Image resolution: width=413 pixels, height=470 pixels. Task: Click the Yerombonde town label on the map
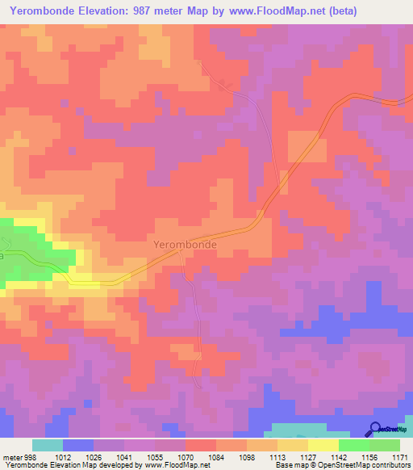(185, 242)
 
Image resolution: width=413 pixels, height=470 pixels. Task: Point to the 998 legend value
(31, 456)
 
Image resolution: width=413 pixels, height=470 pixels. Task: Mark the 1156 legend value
(369, 456)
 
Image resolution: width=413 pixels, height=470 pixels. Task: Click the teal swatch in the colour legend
(48, 445)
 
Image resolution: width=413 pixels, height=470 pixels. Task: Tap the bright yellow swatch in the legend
(323, 445)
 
